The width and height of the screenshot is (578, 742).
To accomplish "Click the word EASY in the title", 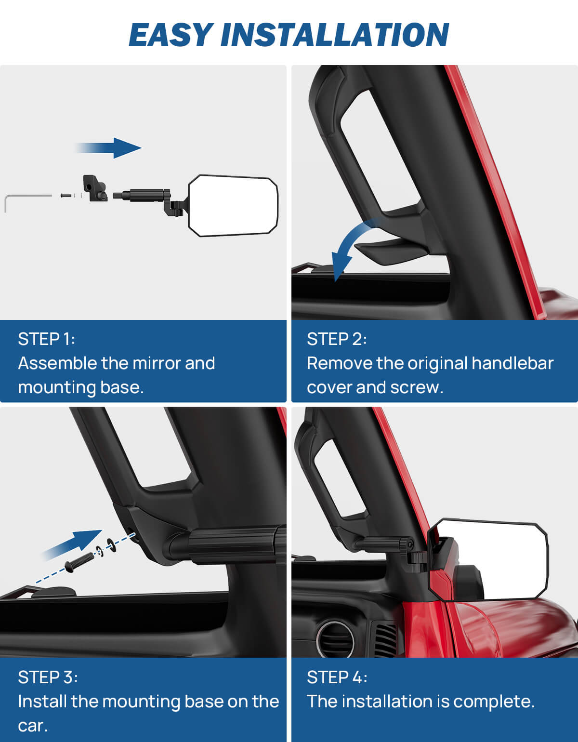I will click(x=171, y=35).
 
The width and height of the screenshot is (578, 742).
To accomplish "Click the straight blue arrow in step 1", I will click(x=111, y=147).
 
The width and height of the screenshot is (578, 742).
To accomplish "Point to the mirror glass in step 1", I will click(x=233, y=206).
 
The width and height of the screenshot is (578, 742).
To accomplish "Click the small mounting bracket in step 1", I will click(x=95, y=188).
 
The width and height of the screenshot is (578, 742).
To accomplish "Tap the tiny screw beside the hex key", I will click(x=66, y=195).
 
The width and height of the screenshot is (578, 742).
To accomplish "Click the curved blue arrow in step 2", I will click(x=352, y=246).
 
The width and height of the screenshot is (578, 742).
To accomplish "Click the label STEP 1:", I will click(x=46, y=339).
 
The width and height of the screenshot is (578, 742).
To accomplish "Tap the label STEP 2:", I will click(x=337, y=339).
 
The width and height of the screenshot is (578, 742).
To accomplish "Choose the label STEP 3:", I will click(x=48, y=677).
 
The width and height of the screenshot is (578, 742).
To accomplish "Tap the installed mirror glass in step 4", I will click(x=489, y=559).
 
